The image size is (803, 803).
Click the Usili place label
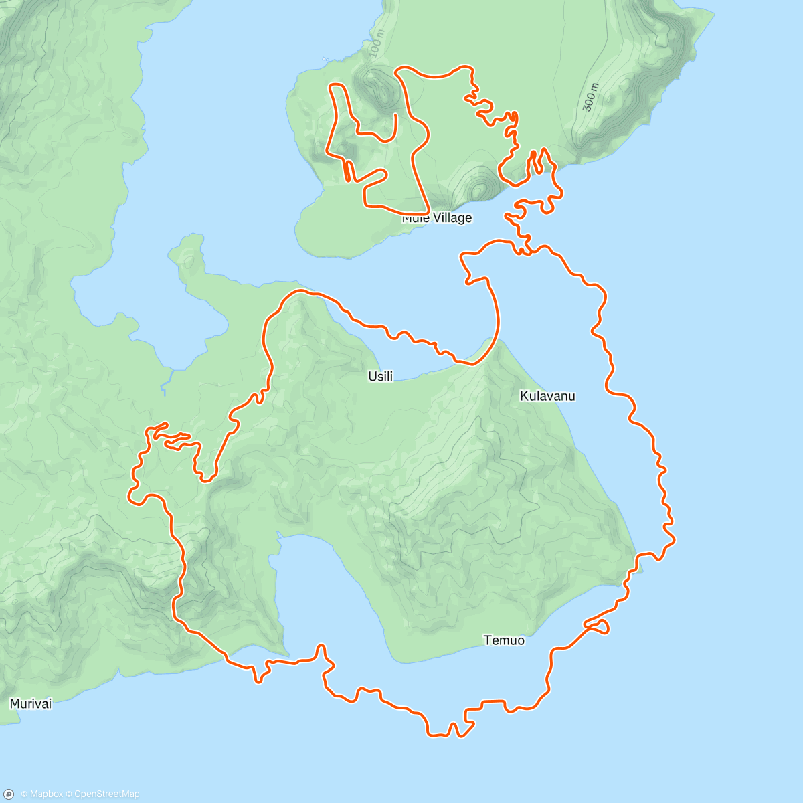380,377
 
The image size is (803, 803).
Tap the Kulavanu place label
547,396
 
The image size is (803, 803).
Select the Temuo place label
504,640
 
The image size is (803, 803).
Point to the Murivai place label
30,703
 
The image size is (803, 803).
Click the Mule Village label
437,218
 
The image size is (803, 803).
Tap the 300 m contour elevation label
589,97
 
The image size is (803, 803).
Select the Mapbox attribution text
46,794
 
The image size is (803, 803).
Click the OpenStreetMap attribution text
106,794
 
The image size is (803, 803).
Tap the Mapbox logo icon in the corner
9,794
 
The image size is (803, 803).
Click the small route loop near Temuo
599,626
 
